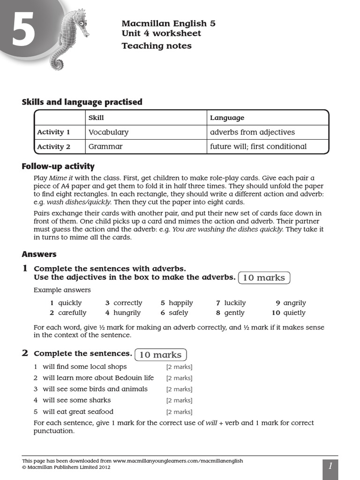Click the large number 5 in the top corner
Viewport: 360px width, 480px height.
[23, 30]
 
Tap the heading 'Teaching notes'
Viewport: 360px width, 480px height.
[157, 46]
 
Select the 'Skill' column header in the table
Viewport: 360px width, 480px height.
[96, 118]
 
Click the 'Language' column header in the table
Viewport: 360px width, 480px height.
[227, 118]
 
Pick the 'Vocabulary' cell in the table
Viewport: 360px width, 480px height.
[108, 132]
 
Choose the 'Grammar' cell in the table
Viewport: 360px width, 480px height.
[105, 146]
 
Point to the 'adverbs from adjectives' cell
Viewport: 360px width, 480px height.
[252, 132]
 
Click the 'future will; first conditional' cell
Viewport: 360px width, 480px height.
[258, 146]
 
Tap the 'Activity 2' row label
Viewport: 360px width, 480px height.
[53, 147]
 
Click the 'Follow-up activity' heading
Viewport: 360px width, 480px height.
[58, 166]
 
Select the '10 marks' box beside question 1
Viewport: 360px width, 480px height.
[264, 277]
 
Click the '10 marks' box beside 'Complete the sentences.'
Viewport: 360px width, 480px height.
[160, 354]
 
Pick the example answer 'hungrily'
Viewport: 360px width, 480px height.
[127, 313]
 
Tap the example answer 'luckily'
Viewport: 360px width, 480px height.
[235, 303]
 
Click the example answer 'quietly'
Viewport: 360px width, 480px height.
[294, 313]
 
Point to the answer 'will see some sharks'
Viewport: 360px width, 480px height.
[77, 400]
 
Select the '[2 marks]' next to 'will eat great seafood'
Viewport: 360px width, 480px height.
[179, 412]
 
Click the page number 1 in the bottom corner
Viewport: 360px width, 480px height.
[330, 466]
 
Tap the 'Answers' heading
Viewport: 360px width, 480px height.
[39, 254]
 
